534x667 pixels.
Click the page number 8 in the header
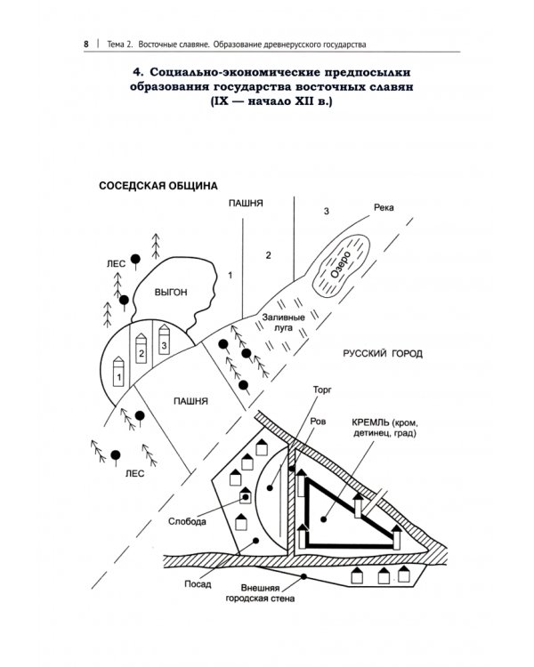(x=85, y=44)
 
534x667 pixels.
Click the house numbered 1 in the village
(x=117, y=374)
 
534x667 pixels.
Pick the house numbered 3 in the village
(x=163, y=342)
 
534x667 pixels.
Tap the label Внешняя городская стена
(x=267, y=593)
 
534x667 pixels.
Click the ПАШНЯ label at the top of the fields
(x=245, y=203)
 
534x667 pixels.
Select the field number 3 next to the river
(x=327, y=211)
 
